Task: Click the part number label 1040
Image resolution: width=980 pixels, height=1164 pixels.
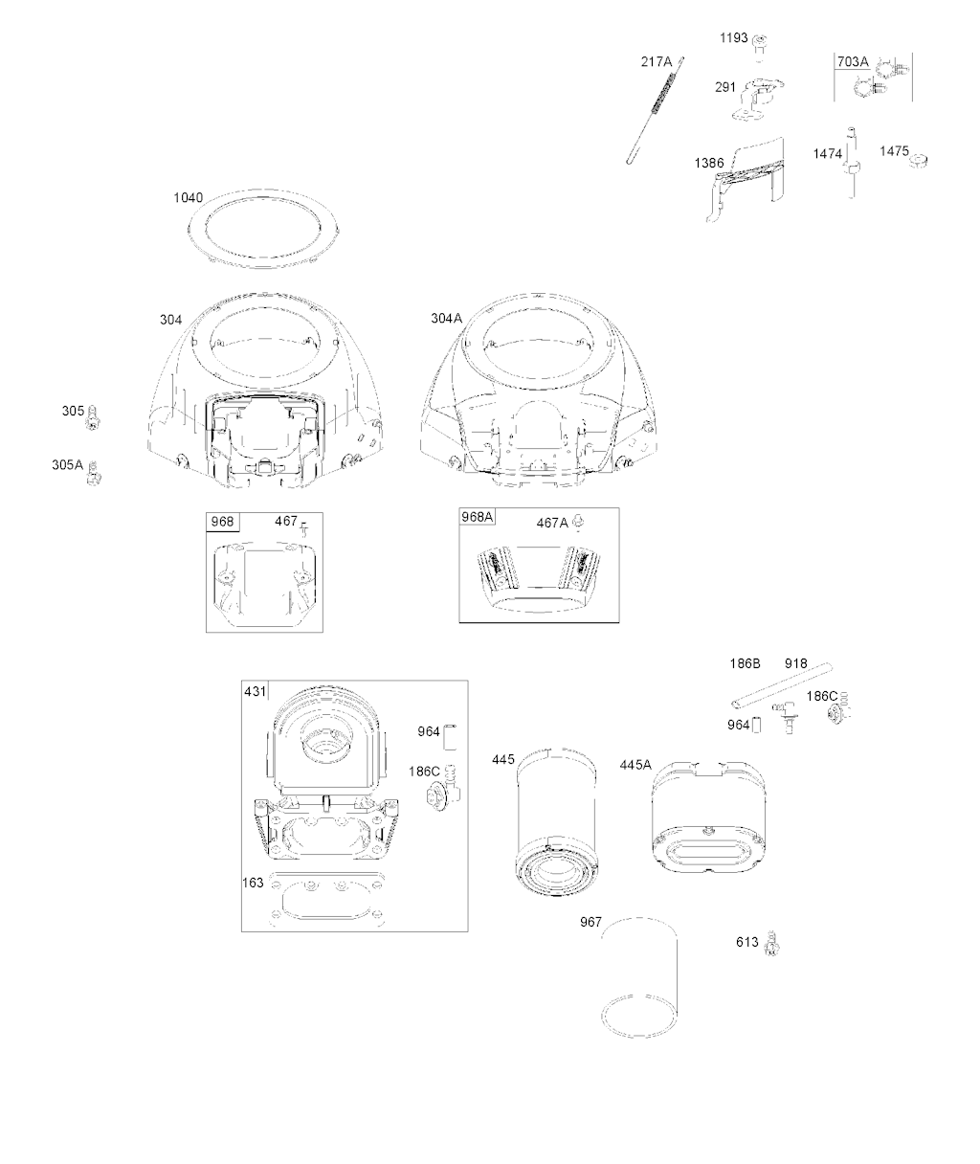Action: [188, 198]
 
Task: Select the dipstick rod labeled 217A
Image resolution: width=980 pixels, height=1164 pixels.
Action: [655, 110]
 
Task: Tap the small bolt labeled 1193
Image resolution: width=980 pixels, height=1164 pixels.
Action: [759, 44]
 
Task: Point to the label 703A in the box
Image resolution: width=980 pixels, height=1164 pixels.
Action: [853, 62]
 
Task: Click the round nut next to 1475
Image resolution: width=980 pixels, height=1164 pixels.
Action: [918, 161]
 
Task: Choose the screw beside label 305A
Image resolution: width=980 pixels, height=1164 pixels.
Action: [95, 472]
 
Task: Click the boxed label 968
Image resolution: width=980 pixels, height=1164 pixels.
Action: [222, 522]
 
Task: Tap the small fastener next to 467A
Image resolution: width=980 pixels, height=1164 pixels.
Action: [579, 522]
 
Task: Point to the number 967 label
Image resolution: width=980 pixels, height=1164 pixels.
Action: [590, 923]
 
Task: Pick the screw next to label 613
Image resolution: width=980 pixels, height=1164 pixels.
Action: [772, 943]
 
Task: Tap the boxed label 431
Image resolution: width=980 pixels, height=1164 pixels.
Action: [256, 692]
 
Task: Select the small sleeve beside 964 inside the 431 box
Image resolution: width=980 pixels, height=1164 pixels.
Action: [450, 736]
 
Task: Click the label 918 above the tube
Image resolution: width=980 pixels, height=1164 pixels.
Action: [795, 664]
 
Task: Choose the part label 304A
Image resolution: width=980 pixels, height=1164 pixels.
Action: [447, 319]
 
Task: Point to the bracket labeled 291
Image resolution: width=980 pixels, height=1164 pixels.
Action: [758, 99]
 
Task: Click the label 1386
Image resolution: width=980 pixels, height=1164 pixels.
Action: [708, 164]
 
